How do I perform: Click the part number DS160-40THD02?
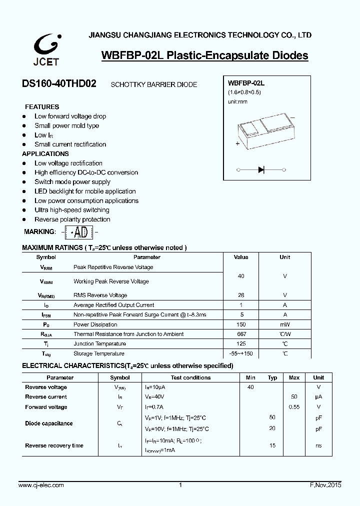[x=59, y=84]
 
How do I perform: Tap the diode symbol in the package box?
[x=261, y=170]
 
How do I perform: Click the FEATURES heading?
[x=42, y=106]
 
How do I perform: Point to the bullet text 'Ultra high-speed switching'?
[x=71, y=210]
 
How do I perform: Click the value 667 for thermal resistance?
[x=241, y=334]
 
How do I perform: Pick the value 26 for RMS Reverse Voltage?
[x=241, y=295]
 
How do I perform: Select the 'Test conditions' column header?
[x=190, y=377]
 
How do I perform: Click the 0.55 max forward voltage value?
[x=294, y=407]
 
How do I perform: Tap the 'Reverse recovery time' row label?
[x=54, y=445]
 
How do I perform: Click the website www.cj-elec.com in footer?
[x=41, y=485]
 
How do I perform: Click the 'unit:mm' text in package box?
[x=237, y=101]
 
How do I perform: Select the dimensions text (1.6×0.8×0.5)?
[x=244, y=92]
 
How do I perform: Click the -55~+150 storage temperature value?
[x=241, y=353]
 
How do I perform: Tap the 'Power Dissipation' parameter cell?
[x=95, y=324]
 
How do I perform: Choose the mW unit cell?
[x=284, y=324]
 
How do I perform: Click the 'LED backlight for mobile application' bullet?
[x=85, y=191]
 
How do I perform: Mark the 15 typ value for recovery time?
[x=272, y=445]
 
